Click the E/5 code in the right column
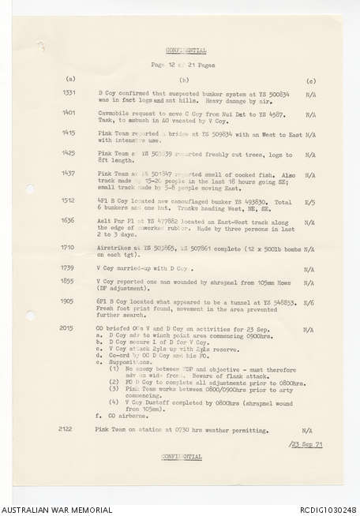click(x=310, y=200)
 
